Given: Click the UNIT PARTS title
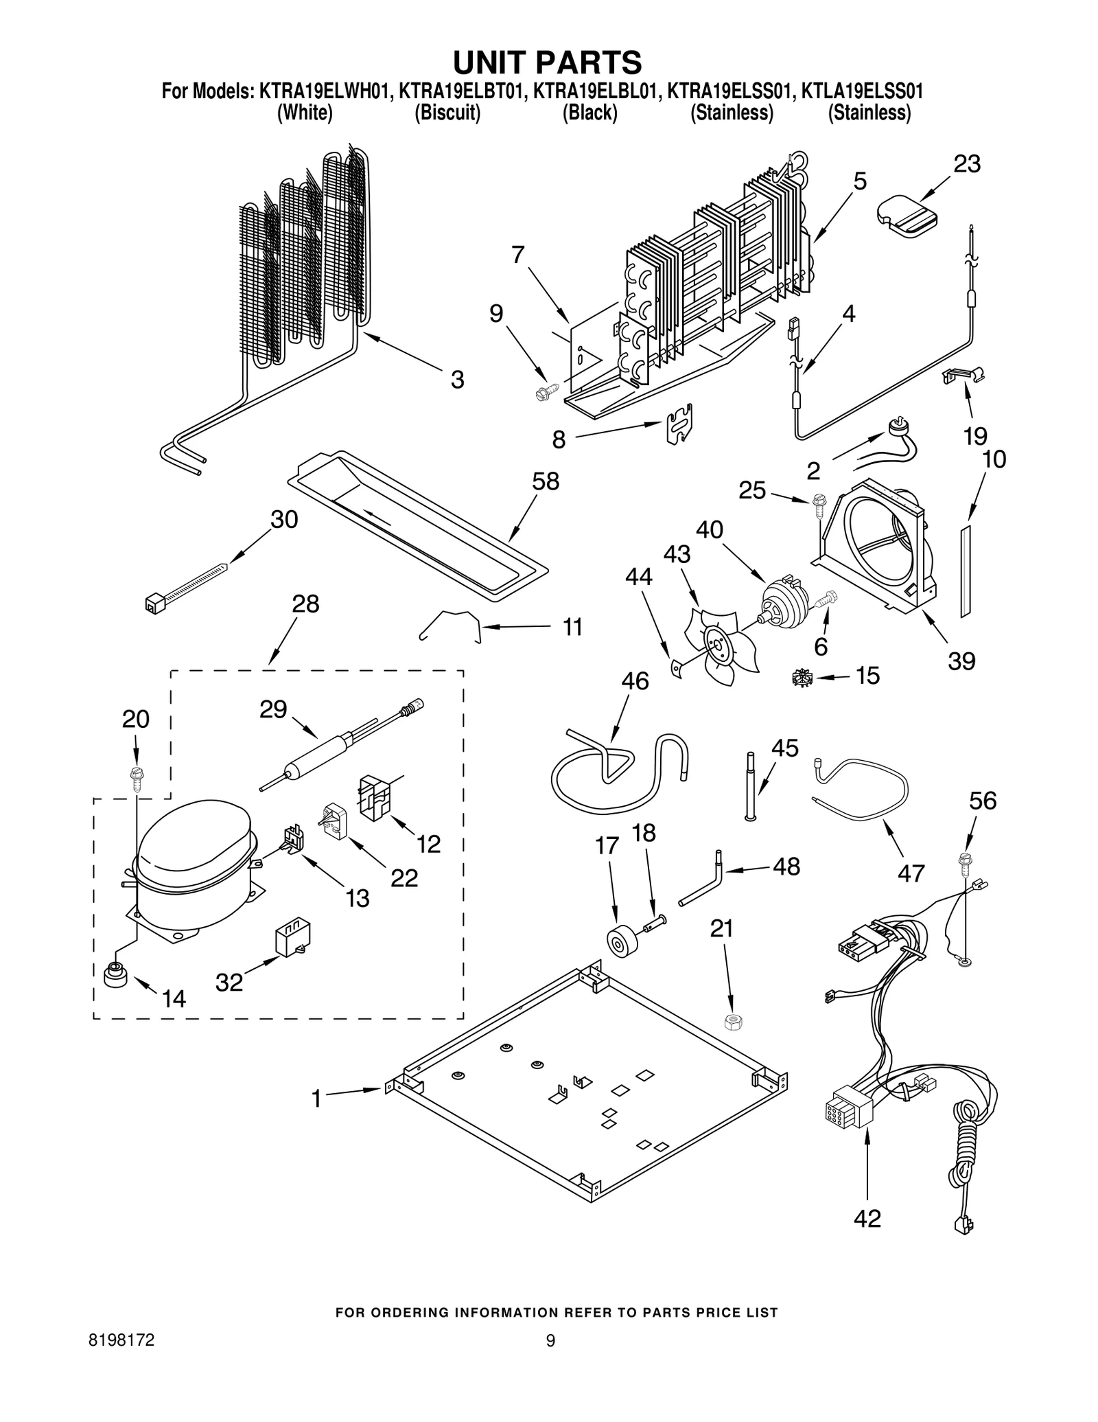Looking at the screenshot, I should click(x=547, y=62).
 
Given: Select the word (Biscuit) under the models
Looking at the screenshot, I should click(x=447, y=113).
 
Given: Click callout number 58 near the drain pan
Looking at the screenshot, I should click(x=546, y=481).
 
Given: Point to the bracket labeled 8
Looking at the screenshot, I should click(x=680, y=424).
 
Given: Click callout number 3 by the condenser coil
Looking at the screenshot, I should click(x=457, y=380).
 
